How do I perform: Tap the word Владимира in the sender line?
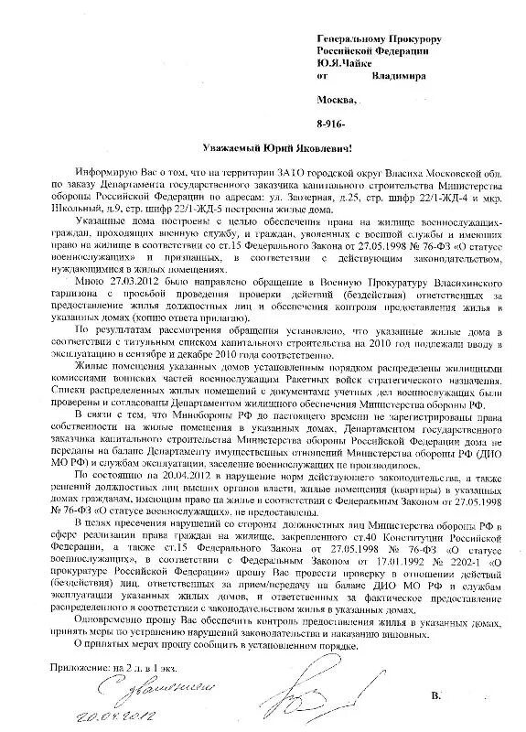395,78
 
